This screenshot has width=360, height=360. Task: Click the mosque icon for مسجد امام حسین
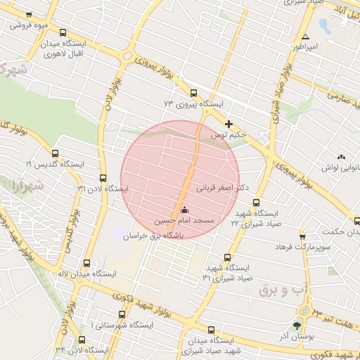tap(185, 209)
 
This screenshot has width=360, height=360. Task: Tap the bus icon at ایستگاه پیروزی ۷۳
tap(194, 92)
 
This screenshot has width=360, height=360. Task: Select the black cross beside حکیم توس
tap(229, 124)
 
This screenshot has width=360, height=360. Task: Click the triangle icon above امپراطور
tap(305, 37)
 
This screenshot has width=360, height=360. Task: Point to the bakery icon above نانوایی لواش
tap(342, 157)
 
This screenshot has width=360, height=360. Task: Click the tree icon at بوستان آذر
tap(296, 326)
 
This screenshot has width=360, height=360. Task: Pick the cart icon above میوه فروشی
tap(28, 15)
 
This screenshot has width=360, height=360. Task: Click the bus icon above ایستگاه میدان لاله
tap(86, 262)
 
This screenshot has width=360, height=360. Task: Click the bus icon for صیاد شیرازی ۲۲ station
tap(256, 202)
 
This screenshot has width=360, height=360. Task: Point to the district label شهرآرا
tap(27, 187)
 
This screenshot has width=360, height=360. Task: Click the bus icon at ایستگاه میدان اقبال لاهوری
tap(64, 33)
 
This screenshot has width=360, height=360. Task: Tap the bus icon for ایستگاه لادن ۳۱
tap(104, 177)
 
